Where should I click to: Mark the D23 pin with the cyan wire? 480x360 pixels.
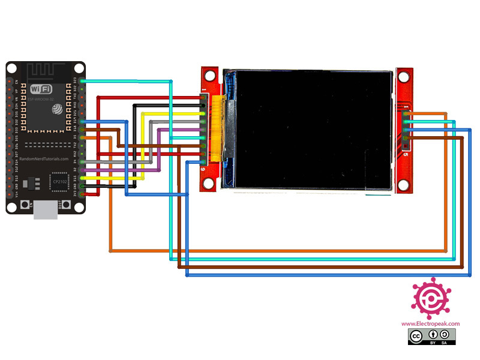click(x=82, y=80)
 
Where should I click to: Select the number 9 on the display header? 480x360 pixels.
click(x=204, y=170)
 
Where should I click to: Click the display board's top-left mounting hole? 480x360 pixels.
click(x=210, y=77)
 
